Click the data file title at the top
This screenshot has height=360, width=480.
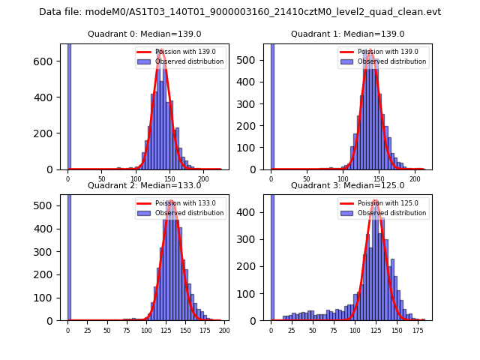point(240,12)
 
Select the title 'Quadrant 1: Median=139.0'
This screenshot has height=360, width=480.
point(347,34)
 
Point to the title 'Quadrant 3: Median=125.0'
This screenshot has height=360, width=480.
point(347,185)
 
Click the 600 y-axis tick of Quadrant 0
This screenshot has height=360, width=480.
point(44,61)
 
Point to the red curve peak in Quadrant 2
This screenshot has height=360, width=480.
point(172,201)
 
